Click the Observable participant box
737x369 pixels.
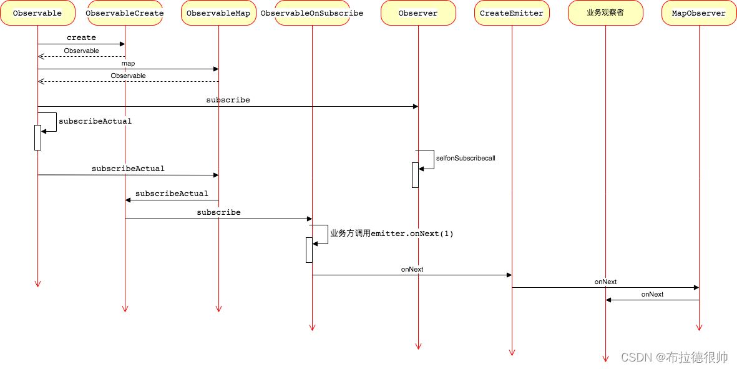(x=37, y=13)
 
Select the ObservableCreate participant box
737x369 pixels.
(x=125, y=13)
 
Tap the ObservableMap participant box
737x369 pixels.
(x=218, y=13)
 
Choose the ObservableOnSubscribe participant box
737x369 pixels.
(x=312, y=13)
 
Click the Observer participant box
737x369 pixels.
(x=418, y=13)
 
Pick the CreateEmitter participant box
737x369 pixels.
(x=512, y=13)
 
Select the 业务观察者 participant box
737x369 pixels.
(x=605, y=13)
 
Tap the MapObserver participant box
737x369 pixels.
(x=699, y=13)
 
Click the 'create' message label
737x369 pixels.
(x=81, y=38)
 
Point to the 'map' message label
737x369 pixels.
(x=128, y=63)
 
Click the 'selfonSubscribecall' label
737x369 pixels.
(x=466, y=159)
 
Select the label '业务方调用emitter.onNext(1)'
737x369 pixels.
(x=391, y=234)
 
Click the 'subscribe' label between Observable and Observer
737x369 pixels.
(x=228, y=100)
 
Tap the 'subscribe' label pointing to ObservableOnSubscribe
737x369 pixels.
(x=218, y=212)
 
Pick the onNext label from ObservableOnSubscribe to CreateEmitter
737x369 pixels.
(x=412, y=269)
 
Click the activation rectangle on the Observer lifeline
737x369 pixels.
(x=414, y=175)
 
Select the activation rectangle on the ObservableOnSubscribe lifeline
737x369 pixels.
(x=308, y=250)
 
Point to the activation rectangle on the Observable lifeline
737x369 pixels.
(x=37, y=137)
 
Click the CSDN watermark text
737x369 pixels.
(x=675, y=357)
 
